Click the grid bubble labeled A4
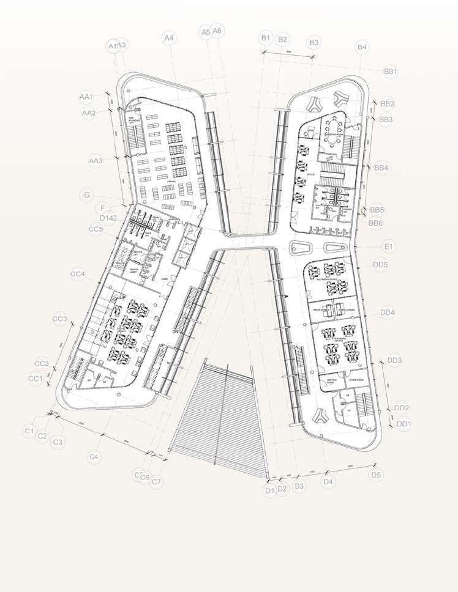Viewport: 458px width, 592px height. click(x=169, y=38)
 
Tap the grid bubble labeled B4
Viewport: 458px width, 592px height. click(x=362, y=47)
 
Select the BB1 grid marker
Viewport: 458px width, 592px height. click(x=391, y=72)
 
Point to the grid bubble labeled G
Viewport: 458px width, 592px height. click(x=88, y=195)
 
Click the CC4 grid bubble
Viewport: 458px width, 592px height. click(x=77, y=275)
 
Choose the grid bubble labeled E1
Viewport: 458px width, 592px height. click(x=388, y=246)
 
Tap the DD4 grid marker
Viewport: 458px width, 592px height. click(x=387, y=313)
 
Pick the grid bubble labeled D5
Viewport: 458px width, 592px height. click(x=376, y=475)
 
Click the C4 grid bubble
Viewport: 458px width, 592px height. click(x=94, y=456)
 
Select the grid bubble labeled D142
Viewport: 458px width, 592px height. click(x=108, y=218)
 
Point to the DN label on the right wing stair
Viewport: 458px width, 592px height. click(x=295, y=347)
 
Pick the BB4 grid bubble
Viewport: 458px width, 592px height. click(x=381, y=167)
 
